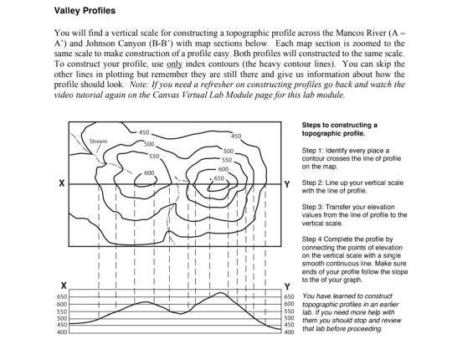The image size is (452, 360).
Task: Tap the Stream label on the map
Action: [x=99, y=141]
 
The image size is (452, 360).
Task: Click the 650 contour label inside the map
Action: [x=219, y=178]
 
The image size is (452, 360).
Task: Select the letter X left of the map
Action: [x=52, y=183]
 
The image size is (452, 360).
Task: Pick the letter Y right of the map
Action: [x=287, y=183]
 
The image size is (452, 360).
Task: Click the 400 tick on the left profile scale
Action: [x=61, y=332]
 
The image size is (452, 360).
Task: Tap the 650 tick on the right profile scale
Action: [x=290, y=297]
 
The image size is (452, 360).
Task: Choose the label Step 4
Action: [x=314, y=239]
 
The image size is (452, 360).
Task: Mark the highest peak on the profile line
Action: [x=220, y=293]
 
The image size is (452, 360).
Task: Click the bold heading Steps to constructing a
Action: [x=339, y=125]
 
